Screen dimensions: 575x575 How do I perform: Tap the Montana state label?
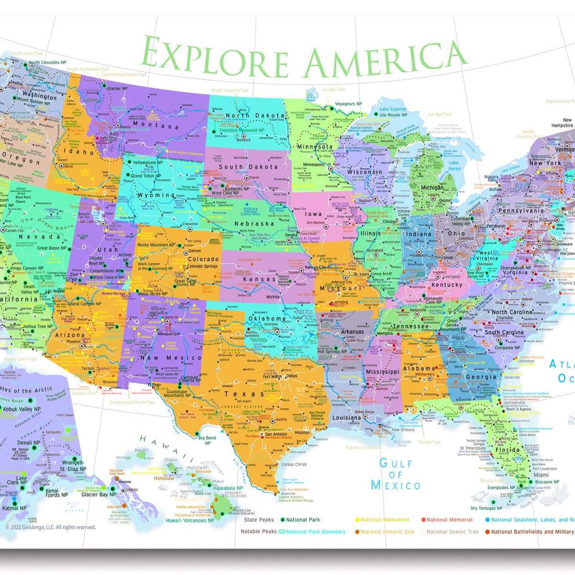156,126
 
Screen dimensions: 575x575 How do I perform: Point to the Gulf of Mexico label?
396,474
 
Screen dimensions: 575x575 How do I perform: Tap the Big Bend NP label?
207,440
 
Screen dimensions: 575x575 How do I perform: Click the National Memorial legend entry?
449,520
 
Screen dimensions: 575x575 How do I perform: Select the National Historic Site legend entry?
387,532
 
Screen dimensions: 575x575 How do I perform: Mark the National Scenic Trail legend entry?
452,532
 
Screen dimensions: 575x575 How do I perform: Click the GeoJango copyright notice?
51,527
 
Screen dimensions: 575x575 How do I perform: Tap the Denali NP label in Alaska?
28,443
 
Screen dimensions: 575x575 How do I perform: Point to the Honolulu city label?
163,478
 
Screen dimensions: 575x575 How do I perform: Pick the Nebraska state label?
254,224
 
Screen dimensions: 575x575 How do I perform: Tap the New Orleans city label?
403,430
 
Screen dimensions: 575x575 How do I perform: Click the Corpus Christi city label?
294,464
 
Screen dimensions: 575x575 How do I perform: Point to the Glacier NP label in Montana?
117,89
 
